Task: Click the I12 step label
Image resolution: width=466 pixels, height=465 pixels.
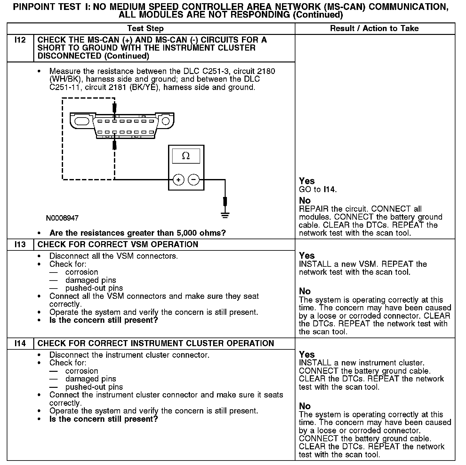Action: pos(20,40)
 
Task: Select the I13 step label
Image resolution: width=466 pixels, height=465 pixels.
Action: pos(20,245)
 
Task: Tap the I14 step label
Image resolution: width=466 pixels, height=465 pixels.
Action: pos(20,344)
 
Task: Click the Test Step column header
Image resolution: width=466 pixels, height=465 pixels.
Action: pos(145,29)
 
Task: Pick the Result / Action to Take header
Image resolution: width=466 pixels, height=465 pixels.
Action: pos(374,29)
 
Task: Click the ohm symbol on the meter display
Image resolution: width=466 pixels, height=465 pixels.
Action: pos(186,156)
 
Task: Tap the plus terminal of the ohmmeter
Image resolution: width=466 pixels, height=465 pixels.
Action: pos(178,180)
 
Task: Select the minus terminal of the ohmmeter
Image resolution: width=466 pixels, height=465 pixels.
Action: pos(193,180)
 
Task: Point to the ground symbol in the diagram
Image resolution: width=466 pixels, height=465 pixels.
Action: pos(225,216)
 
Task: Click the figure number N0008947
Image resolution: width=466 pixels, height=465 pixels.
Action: pos(62,218)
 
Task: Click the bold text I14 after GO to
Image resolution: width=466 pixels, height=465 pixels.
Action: pos(329,190)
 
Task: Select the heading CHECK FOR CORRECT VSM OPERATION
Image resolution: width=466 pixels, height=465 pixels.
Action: pos(118,245)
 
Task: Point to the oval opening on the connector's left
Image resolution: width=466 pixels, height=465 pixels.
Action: pos(82,121)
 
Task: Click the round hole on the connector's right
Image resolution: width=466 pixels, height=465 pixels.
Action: pos(165,121)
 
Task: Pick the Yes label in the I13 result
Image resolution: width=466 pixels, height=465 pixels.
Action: pos(307,256)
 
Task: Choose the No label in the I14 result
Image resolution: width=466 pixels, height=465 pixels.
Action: pos(305,406)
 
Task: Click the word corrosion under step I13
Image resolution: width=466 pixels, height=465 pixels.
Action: pos(82,272)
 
